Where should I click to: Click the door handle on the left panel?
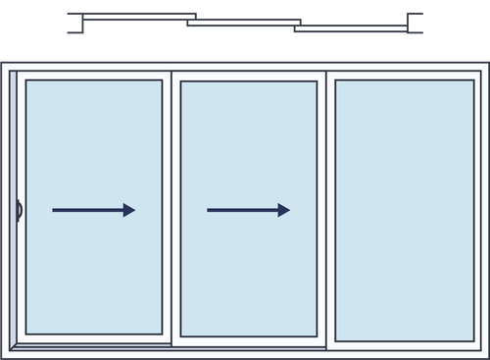point(19,210)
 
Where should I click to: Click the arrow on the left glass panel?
point(93,210)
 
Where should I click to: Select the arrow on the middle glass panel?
point(248,210)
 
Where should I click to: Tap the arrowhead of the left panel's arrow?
point(129,210)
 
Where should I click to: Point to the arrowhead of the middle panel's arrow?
point(284,210)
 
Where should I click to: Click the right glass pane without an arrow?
point(404,210)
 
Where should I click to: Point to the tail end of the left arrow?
point(54,210)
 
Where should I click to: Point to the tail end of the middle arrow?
point(209,210)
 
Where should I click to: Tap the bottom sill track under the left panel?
point(93,345)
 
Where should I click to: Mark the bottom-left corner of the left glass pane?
point(27,333)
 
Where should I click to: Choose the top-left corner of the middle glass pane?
point(182,82)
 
